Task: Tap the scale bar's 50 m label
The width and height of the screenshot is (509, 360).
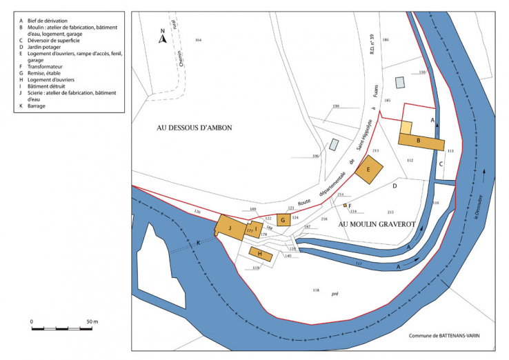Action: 92,322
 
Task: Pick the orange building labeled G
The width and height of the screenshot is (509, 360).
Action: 283,220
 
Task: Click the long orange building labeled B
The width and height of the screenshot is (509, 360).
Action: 421,141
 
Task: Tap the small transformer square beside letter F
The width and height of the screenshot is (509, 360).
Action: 344,205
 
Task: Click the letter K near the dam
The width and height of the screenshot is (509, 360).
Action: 199,242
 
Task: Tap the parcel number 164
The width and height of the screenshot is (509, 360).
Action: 198,41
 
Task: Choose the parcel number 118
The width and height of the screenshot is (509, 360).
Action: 316,290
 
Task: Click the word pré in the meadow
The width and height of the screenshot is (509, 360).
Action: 335,293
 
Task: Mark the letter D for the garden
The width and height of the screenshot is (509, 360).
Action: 395,186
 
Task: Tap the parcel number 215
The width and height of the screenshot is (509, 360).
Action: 390,212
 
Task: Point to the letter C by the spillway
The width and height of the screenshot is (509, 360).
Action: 440,164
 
